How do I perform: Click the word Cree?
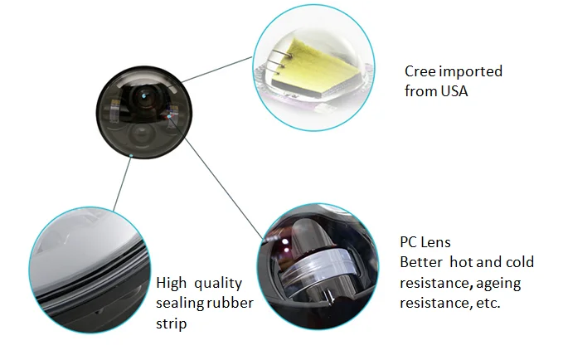(421, 71)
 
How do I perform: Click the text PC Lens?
(425, 242)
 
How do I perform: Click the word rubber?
(231, 303)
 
